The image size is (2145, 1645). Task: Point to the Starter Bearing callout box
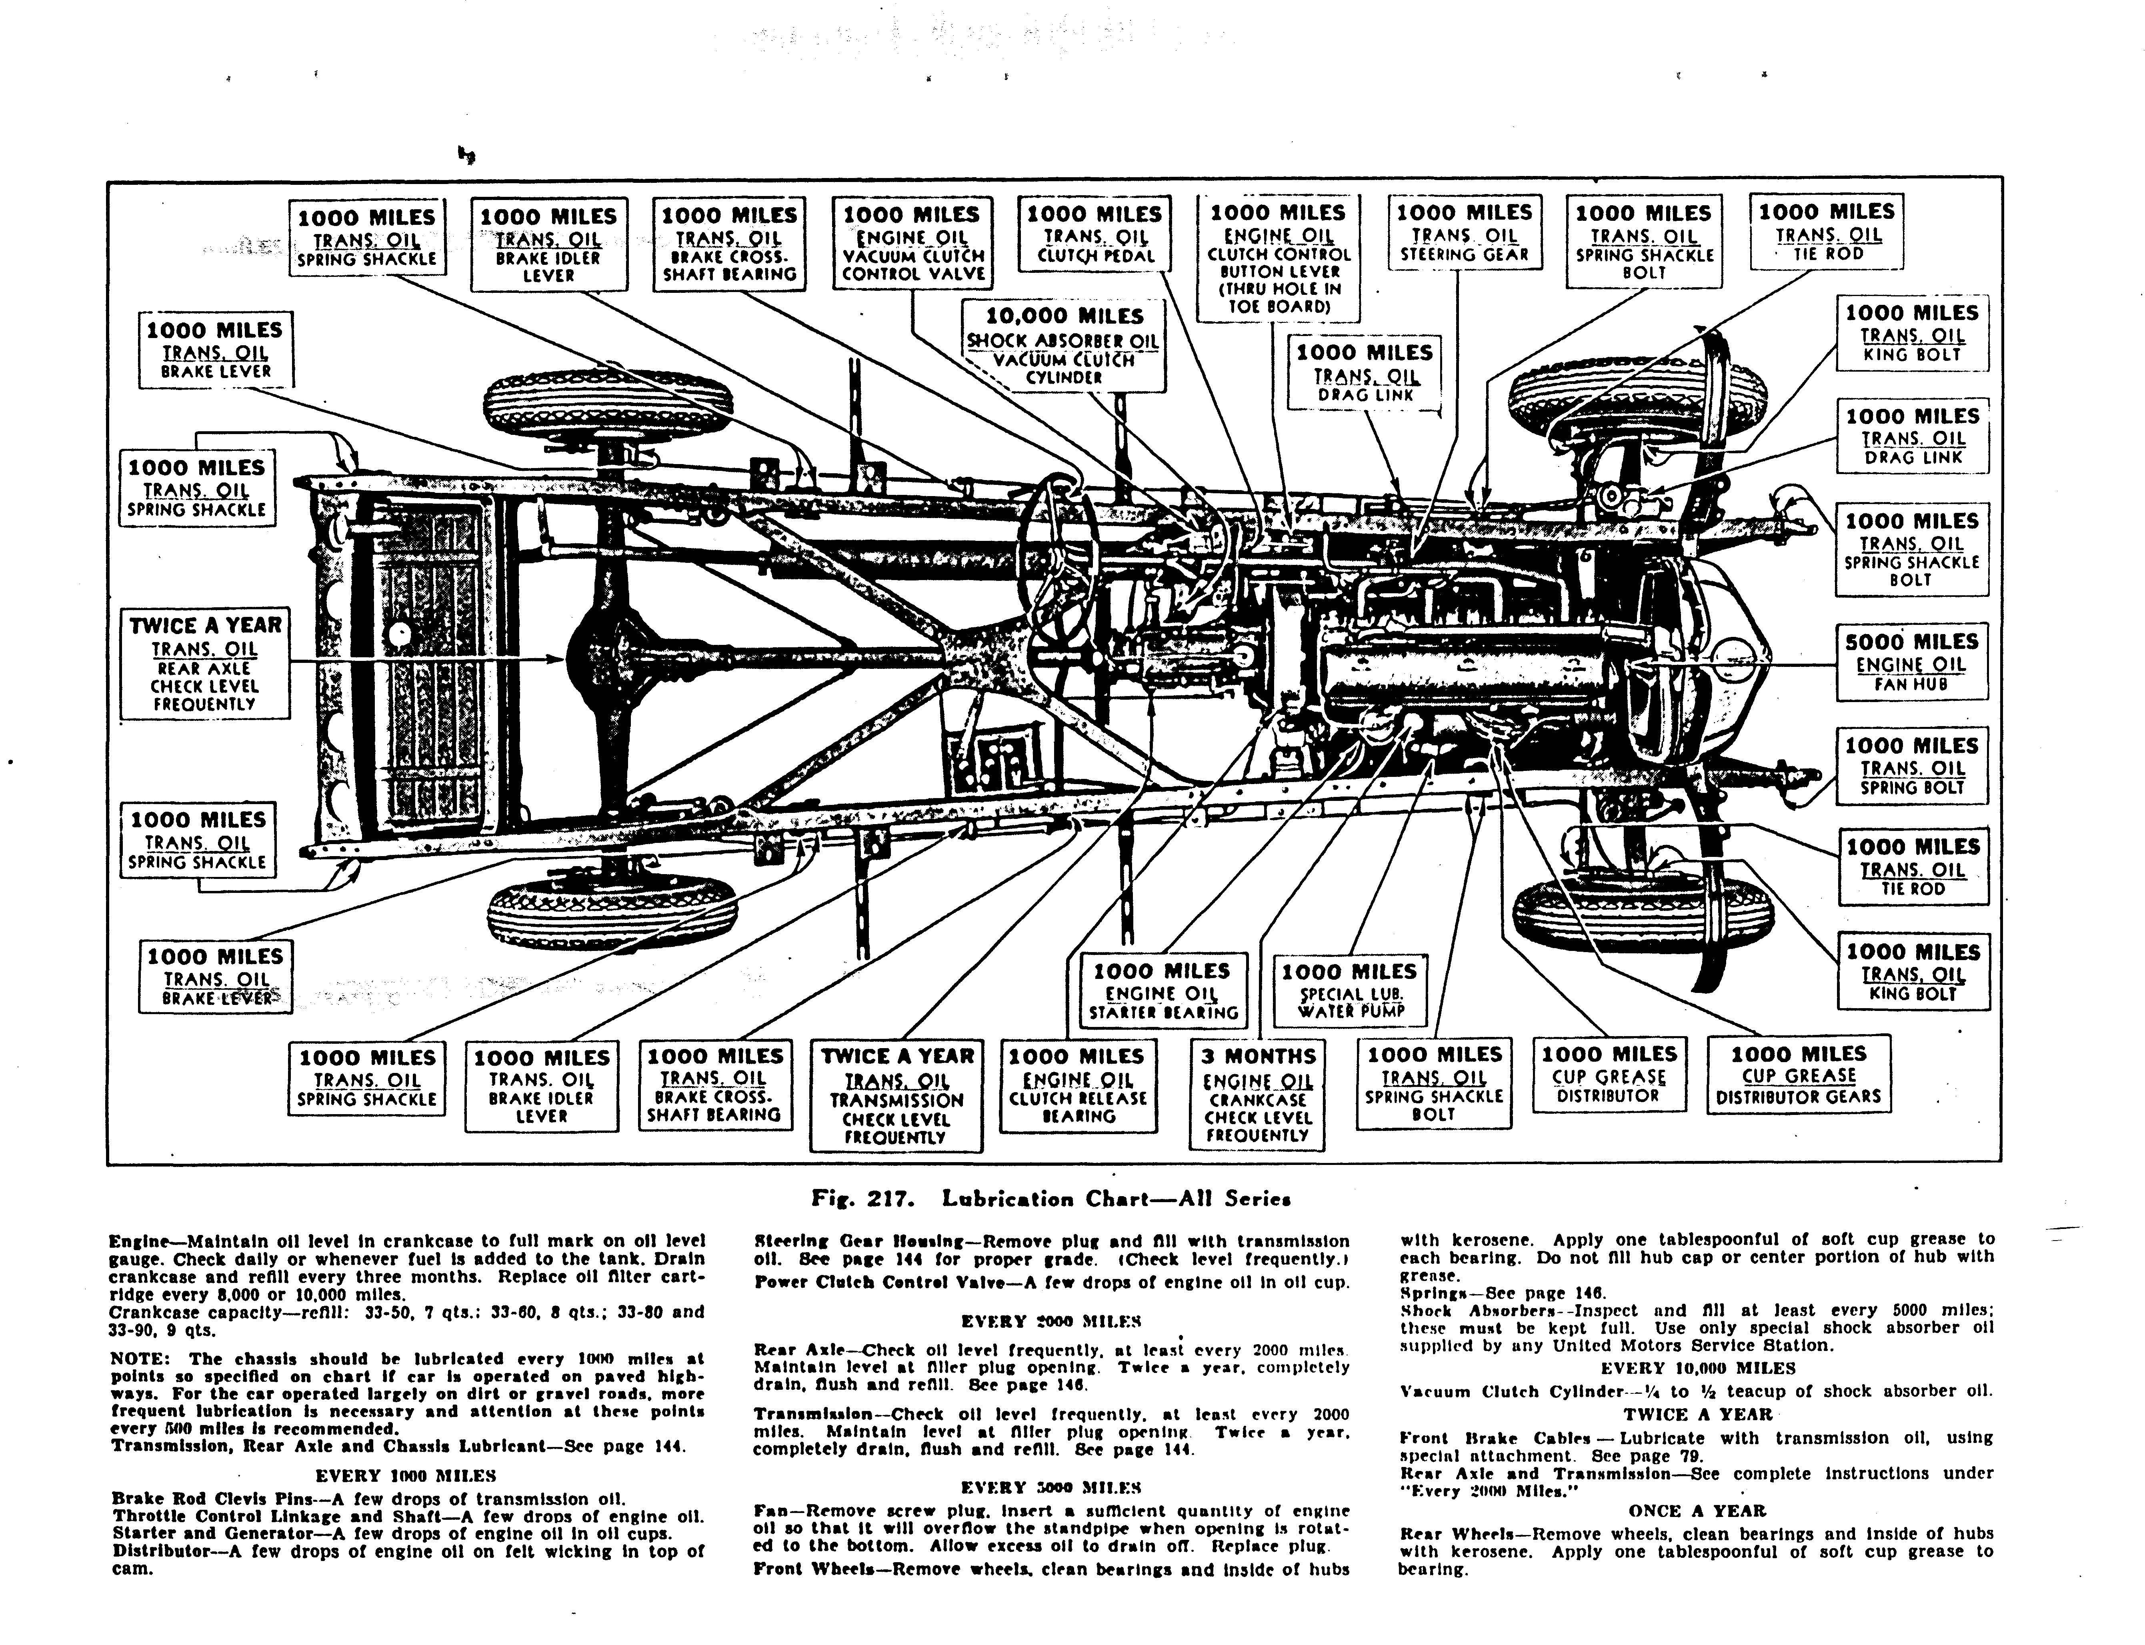coord(1162,991)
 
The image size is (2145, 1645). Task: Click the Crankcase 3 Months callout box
coord(1258,1094)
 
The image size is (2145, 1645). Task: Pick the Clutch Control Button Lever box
coord(1278,258)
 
